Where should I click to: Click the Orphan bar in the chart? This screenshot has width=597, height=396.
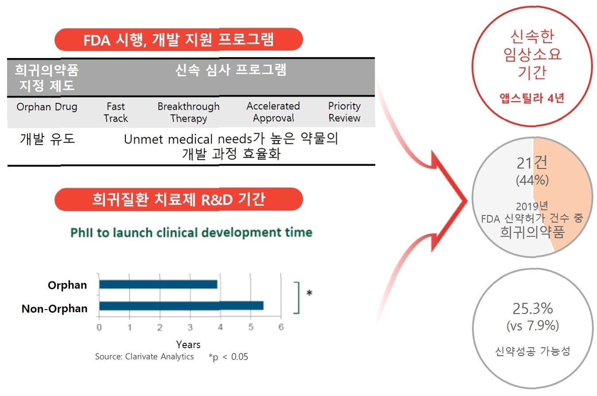[158, 284]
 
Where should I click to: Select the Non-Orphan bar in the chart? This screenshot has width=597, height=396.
[181, 306]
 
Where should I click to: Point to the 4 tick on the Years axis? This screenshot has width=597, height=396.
[220, 327]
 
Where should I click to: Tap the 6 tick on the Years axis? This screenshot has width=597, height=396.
[281, 327]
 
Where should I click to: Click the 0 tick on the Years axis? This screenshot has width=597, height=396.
[99, 327]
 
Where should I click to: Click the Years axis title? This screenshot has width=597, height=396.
[188, 345]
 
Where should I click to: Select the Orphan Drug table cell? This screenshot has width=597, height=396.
[47, 107]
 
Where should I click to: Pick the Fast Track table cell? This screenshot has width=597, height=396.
[116, 112]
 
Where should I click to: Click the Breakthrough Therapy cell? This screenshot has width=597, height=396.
[189, 113]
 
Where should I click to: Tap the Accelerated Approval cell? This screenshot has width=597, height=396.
[273, 112]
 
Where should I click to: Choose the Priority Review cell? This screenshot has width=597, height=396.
[345, 112]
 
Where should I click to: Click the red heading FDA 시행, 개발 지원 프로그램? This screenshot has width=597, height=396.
[178, 40]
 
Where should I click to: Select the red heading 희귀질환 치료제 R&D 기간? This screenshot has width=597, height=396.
[178, 199]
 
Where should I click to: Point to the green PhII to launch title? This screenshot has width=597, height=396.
[191, 233]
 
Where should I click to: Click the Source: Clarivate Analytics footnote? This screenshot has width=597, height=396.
[144, 357]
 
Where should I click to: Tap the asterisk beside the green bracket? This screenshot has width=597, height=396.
[310, 293]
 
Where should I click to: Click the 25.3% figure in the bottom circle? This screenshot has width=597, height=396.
[533, 309]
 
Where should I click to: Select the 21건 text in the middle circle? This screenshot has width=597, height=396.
[532, 163]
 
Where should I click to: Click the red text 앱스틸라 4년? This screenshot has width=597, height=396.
[532, 98]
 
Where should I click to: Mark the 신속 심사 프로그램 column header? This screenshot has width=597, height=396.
[231, 70]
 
